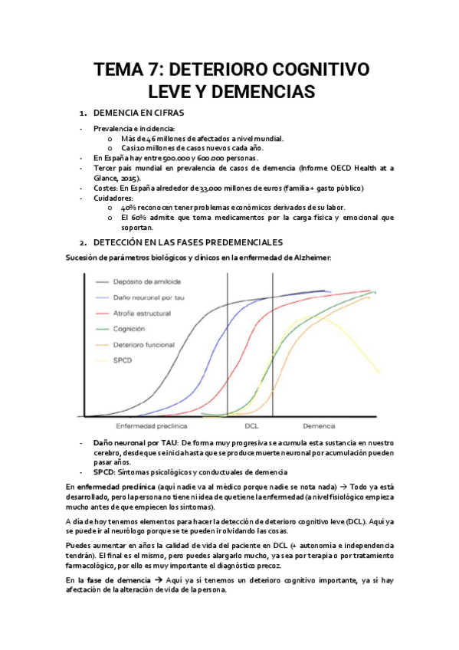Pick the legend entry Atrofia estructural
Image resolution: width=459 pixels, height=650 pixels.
pyautogui.click(x=143, y=313)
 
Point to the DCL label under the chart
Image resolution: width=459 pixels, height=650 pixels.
pyautogui.click(x=251, y=425)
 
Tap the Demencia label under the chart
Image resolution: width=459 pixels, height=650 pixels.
pyautogui.click(x=318, y=425)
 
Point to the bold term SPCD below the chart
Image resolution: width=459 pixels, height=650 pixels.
pyautogui.click(x=103, y=471)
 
